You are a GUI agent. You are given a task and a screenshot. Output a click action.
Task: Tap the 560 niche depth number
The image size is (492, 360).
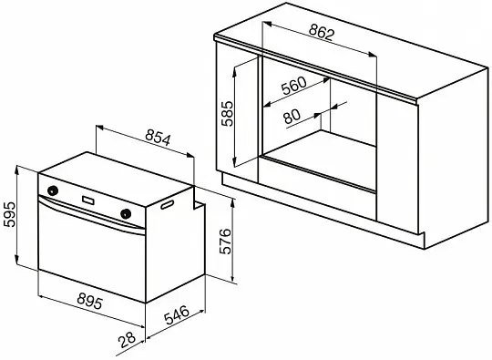(294, 86)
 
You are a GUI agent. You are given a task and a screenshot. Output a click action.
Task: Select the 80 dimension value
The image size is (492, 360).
(292, 116)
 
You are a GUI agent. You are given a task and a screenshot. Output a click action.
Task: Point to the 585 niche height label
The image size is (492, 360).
(228, 113)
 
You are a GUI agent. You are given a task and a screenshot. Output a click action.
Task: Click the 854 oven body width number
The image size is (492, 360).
(158, 139)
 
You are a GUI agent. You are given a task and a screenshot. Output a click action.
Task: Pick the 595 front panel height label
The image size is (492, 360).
(9, 215)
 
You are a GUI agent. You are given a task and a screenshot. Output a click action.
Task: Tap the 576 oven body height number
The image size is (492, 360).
(225, 242)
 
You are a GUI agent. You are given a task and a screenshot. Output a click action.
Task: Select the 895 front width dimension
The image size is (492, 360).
(89, 301)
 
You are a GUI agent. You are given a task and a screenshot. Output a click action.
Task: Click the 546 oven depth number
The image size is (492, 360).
(177, 315)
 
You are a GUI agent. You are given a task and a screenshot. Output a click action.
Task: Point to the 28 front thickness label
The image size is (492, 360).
(127, 340)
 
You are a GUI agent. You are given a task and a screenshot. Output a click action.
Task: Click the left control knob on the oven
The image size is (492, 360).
(53, 190)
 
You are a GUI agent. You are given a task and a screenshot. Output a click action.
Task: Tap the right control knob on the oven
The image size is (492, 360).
(126, 213)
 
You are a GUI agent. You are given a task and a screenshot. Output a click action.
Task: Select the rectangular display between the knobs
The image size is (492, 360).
(88, 200)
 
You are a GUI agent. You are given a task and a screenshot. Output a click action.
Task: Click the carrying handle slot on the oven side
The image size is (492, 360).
(168, 205)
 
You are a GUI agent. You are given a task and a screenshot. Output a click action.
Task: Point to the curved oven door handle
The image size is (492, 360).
(91, 214)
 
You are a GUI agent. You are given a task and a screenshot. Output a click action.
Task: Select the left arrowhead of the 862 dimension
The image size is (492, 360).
(266, 23)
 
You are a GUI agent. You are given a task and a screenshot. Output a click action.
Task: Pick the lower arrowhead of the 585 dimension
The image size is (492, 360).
(234, 162)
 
